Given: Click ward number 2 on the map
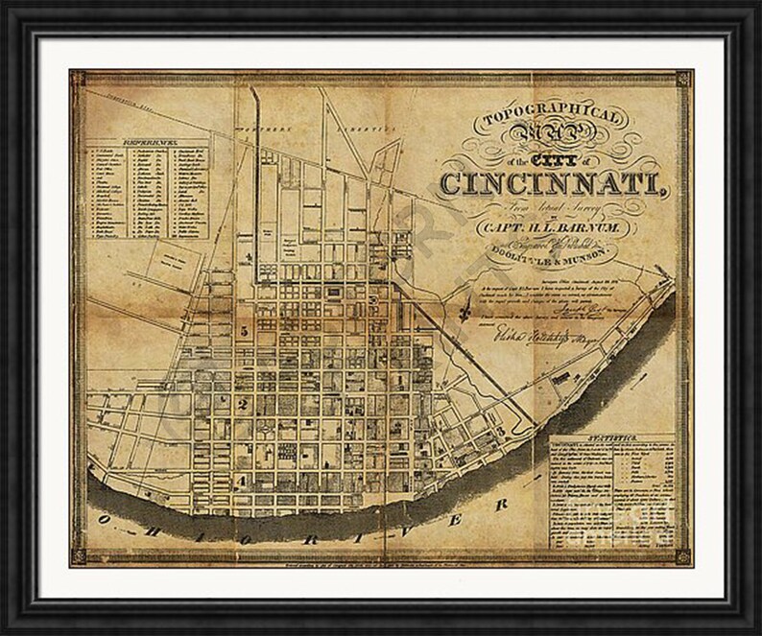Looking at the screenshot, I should click(243, 405).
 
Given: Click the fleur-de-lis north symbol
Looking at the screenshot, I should click(467, 309).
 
